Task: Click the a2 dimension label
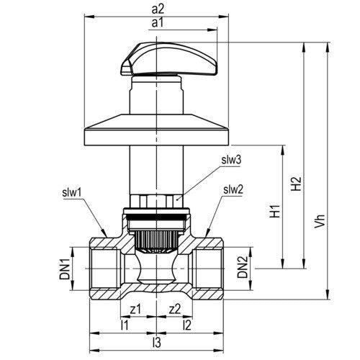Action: pyautogui.click(x=158, y=9)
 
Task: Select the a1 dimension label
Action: pyautogui.click(x=157, y=23)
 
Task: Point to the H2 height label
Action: pyautogui.click(x=296, y=184)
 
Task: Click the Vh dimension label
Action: pyautogui.click(x=320, y=220)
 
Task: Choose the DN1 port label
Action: pyautogui.click(x=65, y=269)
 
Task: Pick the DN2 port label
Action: pyautogui.click(x=242, y=267)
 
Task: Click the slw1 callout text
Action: pyautogui.click(x=72, y=193)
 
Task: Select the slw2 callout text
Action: pyautogui.click(x=233, y=189)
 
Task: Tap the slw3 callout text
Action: pyautogui.click(x=231, y=160)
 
